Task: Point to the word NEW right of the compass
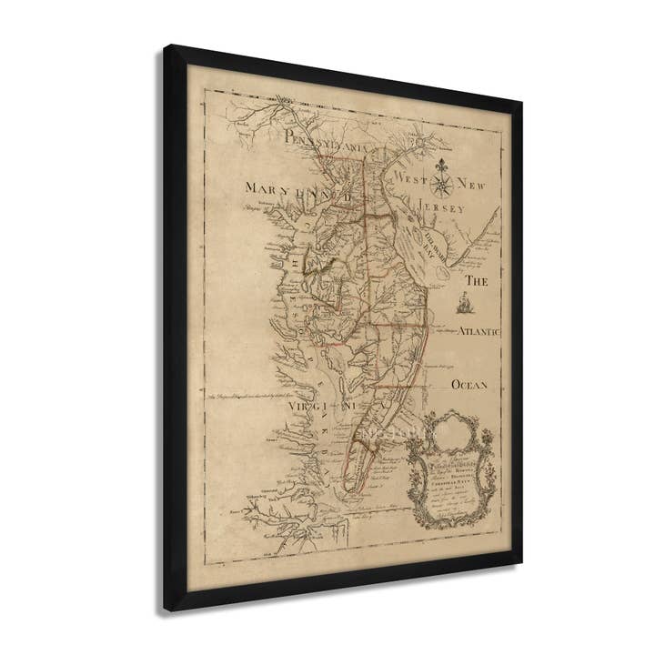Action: click(x=477, y=187)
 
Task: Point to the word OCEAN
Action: click(x=470, y=385)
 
